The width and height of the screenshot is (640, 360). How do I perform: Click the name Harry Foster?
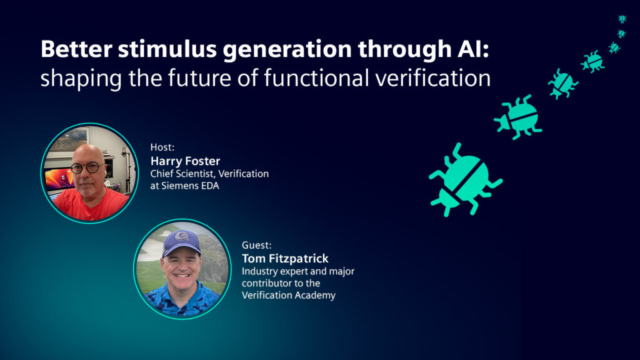[185, 161]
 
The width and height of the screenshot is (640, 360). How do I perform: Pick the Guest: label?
[256, 245]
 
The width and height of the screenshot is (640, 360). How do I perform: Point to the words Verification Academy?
[288, 295]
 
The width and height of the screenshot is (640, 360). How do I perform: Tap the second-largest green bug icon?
[518, 116]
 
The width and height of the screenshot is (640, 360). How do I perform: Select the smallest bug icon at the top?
[622, 19]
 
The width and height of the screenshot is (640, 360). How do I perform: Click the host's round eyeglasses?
[86, 167]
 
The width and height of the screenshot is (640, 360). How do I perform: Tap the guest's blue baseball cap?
[181, 241]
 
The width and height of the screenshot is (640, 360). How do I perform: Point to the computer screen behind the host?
[57, 181]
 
